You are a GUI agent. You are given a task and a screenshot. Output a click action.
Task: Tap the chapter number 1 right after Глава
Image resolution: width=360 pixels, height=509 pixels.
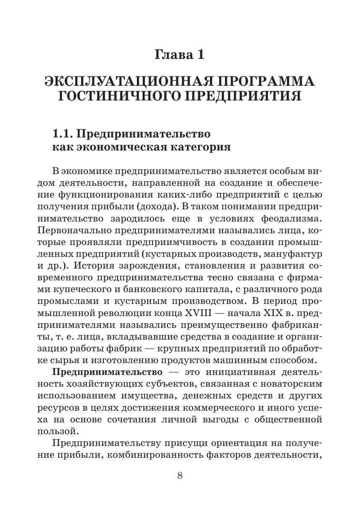coord(200,55)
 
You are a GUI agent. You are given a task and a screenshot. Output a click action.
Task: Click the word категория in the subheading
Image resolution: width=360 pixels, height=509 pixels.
coord(202,148)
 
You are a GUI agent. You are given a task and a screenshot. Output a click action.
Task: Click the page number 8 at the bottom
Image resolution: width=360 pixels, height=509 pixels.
coord(180,476)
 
